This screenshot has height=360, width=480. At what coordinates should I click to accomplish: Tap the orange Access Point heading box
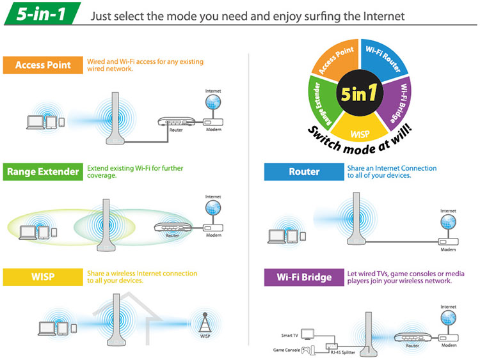tap(43, 65)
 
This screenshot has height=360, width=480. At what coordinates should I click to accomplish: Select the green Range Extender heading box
tap(43, 171)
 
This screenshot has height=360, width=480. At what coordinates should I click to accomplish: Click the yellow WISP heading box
tap(43, 278)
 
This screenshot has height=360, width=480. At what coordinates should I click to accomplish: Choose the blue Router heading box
tap(304, 171)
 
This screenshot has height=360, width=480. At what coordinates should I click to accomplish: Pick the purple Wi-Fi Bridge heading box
tap(304, 278)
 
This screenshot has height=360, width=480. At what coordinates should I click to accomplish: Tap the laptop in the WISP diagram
tap(47, 328)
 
